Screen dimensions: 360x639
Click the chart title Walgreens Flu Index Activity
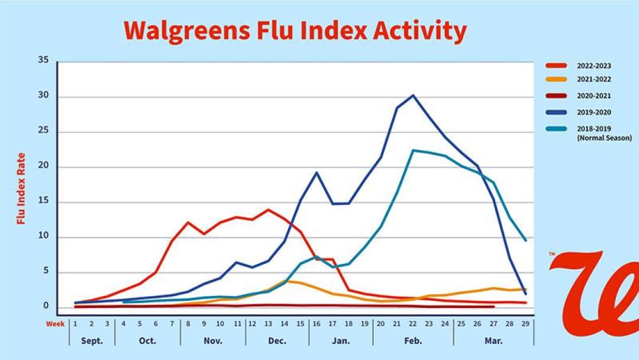click(x=295, y=30)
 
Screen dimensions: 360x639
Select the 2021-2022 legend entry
click(x=593, y=79)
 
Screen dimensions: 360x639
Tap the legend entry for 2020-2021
click(x=593, y=96)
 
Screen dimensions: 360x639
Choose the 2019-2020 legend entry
click(x=593, y=112)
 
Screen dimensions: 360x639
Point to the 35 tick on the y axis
click(x=43, y=61)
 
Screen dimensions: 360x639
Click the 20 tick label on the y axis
click(x=43, y=167)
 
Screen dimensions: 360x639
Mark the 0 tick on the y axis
click(x=45, y=306)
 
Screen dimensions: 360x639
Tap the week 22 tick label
click(x=412, y=324)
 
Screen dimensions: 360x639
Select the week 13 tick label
click(x=268, y=324)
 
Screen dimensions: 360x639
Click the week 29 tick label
click(x=525, y=324)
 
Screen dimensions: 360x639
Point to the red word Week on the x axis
click(x=56, y=324)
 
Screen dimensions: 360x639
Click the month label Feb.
click(x=413, y=341)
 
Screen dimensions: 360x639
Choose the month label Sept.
click(x=91, y=341)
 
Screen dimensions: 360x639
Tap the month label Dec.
click(x=277, y=341)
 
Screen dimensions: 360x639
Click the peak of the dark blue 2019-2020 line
click(x=413, y=95)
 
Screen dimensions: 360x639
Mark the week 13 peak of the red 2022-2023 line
click(x=268, y=210)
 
